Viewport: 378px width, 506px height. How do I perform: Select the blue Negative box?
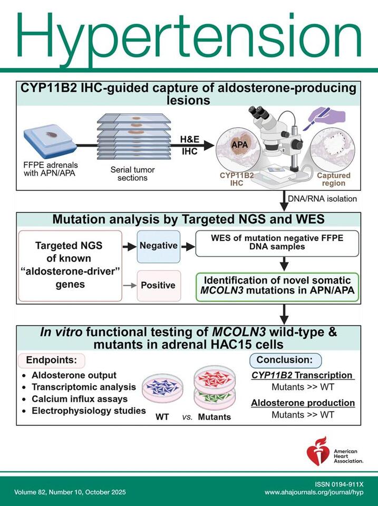(159, 246)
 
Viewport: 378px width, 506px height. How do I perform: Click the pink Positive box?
(159, 285)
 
